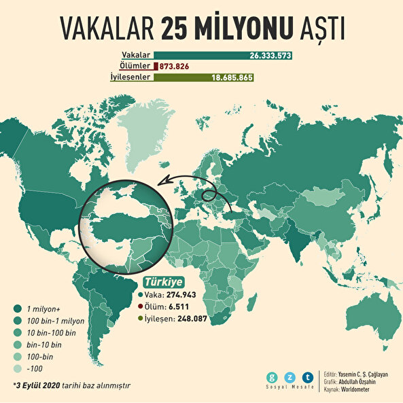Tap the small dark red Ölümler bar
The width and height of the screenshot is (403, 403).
[156, 66]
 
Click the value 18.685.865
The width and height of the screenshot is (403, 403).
[232, 77]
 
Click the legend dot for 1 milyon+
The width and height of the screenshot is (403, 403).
[17, 307]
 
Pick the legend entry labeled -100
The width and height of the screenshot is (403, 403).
[35, 369]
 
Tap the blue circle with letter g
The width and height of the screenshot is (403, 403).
[273, 376]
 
